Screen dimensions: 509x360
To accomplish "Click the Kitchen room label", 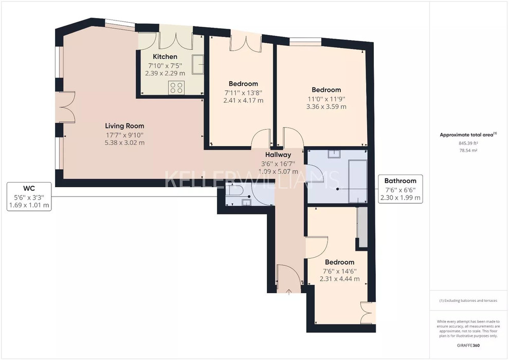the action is pos(165,57).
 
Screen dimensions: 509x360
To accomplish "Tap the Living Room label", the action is pos(124,126).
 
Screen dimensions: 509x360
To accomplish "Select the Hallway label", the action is pos(278,154).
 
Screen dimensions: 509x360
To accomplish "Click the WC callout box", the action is pos(29,196).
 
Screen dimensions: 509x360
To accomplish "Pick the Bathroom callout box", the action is pos(400,189).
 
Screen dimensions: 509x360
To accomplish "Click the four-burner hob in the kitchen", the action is pos(176,87).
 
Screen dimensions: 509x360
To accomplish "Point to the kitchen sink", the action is pos(198,65).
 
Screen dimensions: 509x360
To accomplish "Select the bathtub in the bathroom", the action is pos(357,181).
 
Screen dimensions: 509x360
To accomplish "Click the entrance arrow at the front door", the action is pos(289,292).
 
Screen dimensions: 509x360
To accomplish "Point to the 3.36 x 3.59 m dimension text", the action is pos(326,106).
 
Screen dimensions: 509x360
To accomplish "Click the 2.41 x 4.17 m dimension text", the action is pos(243,100).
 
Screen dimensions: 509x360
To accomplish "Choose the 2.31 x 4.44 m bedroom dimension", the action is pos(339,279).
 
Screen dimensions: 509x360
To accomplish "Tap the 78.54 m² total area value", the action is pos(468,150).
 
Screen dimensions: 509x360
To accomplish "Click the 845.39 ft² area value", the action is pos(468,143).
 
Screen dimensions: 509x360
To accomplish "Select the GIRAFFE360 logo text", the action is pos(468,346).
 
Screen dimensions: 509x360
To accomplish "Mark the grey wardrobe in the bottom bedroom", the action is pos(362,227).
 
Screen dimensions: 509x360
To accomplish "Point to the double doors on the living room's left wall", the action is pos(66,107).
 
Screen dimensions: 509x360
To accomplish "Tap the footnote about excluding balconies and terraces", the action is pos(468,300).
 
